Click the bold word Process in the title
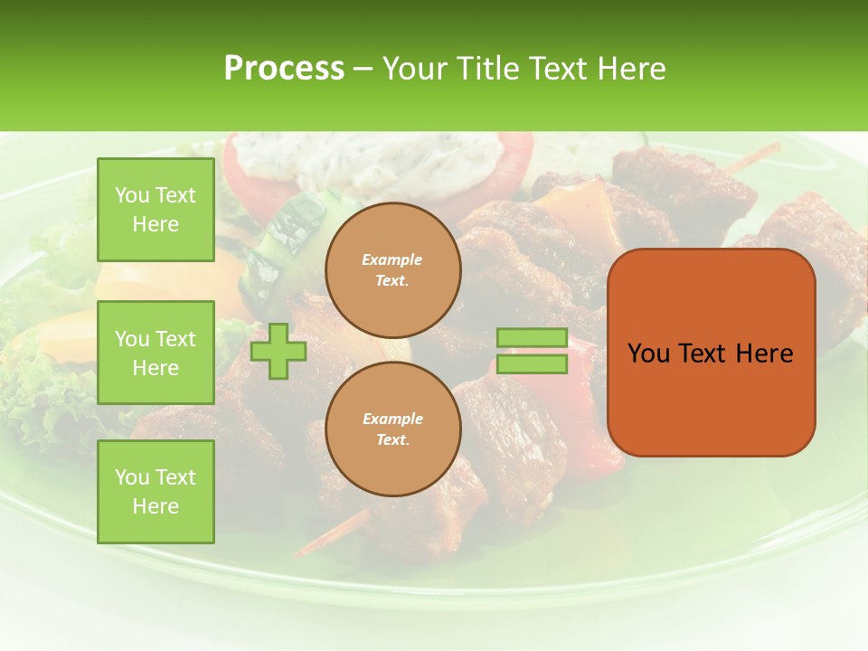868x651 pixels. click(x=284, y=68)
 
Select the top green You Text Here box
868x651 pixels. click(x=156, y=210)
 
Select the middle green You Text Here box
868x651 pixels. click(x=156, y=353)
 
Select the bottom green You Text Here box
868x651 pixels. click(x=156, y=492)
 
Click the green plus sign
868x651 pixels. click(x=278, y=351)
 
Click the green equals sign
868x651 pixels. click(x=532, y=351)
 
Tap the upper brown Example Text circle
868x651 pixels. click(x=392, y=269)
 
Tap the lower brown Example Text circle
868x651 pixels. click(x=392, y=429)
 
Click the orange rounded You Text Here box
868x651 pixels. click(x=711, y=353)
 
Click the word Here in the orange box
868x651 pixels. click(x=765, y=354)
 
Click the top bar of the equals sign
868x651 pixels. click(x=532, y=338)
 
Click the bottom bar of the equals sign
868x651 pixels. click(x=532, y=364)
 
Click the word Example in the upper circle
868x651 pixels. click(x=392, y=259)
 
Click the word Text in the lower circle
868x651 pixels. click(x=392, y=439)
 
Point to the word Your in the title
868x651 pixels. click(x=415, y=68)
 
